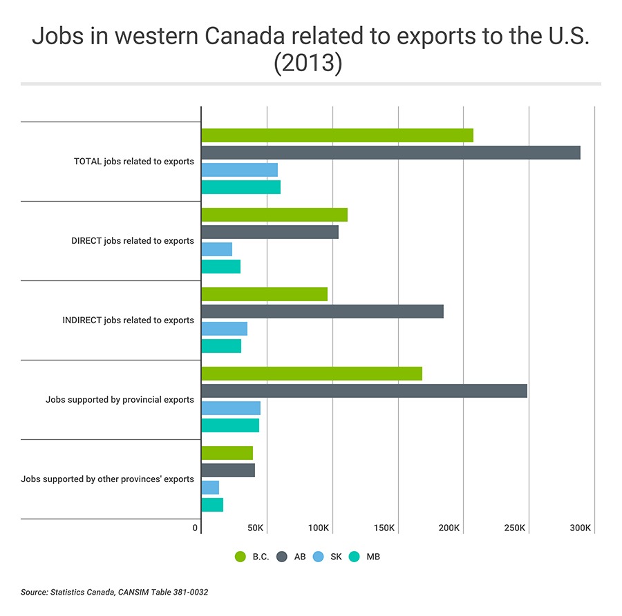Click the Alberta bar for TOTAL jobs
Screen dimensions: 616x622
point(390,153)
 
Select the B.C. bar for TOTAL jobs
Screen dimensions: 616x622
point(337,135)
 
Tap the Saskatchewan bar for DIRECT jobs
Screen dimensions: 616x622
point(216,249)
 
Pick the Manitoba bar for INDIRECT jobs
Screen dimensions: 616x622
point(221,346)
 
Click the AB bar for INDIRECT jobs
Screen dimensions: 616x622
point(322,311)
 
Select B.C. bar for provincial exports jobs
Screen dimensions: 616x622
point(312,374)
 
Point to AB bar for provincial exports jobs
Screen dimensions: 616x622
point(364,391)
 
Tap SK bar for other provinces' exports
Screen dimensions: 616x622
point(210,488)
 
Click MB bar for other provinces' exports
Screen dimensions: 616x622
point(212,505)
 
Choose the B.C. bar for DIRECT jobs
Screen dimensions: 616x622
point(274,215)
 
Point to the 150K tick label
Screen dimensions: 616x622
point(384,528)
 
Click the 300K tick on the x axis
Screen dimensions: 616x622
point(580,528)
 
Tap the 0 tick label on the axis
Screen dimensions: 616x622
point(196,528)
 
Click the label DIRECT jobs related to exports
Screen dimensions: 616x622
point(133,241)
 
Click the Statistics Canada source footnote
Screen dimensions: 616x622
point(115,593)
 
